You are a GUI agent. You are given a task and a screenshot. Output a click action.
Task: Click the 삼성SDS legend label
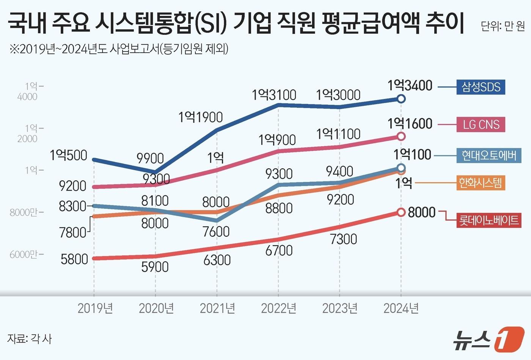click(481, 87)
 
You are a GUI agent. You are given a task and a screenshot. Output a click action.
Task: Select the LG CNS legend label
click(481, 124)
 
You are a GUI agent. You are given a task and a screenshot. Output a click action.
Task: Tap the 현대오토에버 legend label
click(489, 155)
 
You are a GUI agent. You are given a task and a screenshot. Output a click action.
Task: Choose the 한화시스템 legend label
click(480, 183)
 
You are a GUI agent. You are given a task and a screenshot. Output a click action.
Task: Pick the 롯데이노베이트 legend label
click(489, 220)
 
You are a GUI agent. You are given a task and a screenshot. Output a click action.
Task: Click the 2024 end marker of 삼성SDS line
click(401, 99)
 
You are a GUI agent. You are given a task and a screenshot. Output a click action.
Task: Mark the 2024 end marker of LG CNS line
click(401, 136)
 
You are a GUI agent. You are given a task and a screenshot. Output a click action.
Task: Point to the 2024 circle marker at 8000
click(401, 212)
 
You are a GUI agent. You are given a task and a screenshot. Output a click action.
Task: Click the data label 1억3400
click(410, 86)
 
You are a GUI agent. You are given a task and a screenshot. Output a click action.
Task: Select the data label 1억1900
click(201, 117)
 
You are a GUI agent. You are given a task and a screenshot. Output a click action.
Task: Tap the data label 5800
click(74, 259)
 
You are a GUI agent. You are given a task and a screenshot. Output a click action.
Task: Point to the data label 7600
click(216, 231)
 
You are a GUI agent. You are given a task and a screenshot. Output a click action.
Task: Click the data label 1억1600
click(410, 124)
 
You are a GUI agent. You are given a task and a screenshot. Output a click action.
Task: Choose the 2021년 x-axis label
click(217, 308)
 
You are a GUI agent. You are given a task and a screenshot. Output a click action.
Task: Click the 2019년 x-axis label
click(95, 308)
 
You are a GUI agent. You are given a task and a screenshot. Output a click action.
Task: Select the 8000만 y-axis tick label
click(24, 212)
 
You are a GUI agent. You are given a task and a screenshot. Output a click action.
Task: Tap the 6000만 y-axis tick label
click(24, 254)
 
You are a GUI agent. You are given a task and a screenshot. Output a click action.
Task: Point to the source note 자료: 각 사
click(30, 338)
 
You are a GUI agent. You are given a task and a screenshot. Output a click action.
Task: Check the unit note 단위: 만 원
click(503, 26)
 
